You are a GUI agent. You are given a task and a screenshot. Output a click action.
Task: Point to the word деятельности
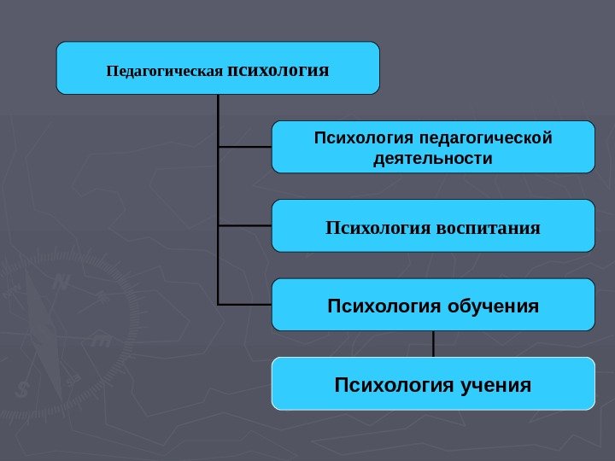(433, 159)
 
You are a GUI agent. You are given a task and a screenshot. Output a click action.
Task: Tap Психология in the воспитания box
(378, 227)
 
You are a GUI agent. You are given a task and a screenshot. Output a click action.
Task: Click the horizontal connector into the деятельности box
(245, 147)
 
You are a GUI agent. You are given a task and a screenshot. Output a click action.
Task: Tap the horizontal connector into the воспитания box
(245, 226)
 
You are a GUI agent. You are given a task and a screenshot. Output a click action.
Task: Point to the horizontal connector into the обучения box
(245, 304)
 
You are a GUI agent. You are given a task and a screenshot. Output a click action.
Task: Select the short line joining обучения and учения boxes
(434, 344)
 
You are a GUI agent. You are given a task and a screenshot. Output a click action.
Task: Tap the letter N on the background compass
(61, 282)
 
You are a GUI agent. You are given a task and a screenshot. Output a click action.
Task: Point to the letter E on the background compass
(101, 341)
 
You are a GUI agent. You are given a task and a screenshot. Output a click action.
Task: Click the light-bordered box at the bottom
(433, 383)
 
